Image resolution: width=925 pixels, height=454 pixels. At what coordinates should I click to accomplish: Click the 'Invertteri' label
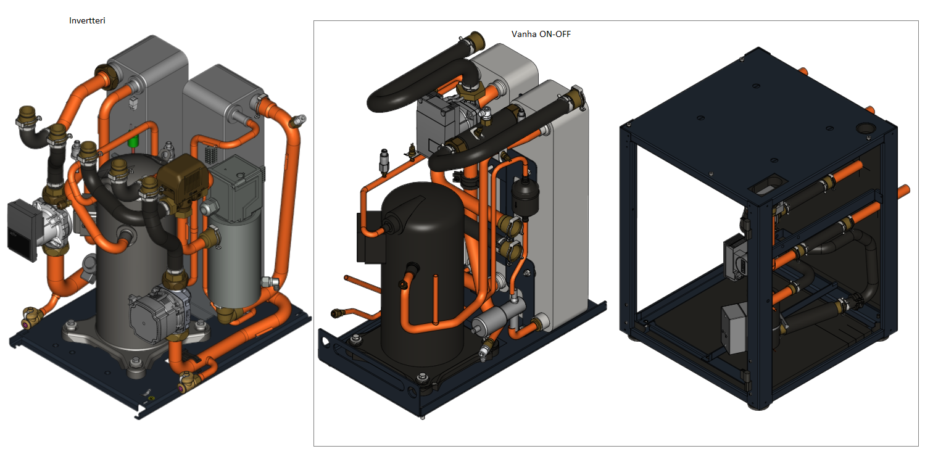[87, 20]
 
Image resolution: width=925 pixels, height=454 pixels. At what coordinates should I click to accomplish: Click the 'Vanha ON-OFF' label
[541, 35]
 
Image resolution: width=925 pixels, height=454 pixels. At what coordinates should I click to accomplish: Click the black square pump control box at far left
[22, 229]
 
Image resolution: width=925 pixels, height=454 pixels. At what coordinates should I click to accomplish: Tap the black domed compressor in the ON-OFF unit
[422, 273]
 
